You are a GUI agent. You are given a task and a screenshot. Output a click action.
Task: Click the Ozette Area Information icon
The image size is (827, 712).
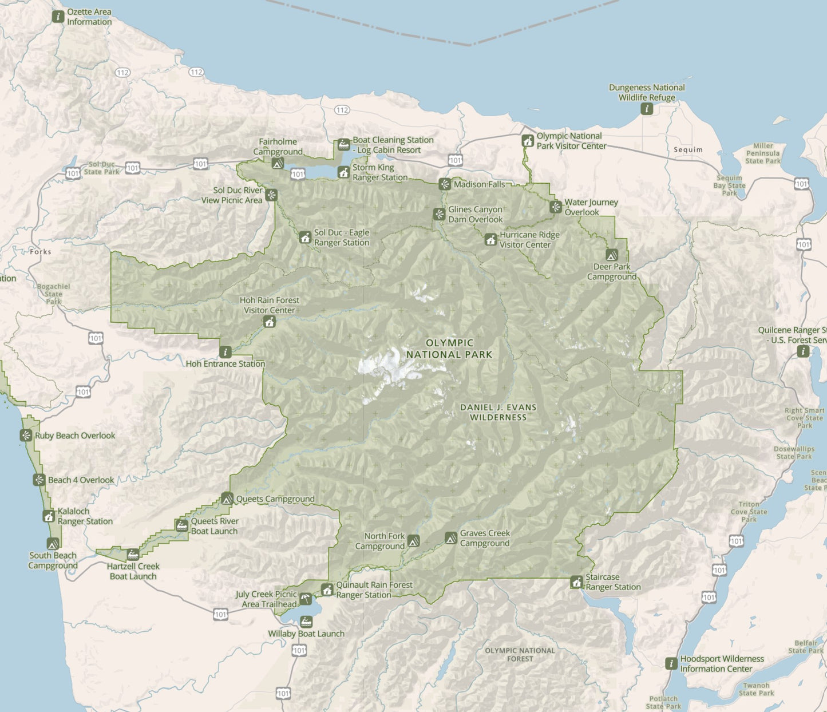(58, 17)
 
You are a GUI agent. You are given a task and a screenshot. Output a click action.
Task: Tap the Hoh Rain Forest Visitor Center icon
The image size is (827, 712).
(270, 322)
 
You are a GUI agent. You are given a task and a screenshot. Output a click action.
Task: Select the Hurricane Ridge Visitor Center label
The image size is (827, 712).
(525, 240)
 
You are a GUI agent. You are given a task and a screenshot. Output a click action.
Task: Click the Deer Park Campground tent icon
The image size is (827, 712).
(612, 255)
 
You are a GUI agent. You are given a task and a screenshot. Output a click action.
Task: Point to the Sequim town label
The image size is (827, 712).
(688, 150)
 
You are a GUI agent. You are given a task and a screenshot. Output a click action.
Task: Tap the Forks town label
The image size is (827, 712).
(41, 252)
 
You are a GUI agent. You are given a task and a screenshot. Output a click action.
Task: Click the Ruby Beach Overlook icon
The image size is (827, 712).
(26, 436)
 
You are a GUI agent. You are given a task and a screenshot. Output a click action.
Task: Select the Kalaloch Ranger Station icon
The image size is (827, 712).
(49, 516)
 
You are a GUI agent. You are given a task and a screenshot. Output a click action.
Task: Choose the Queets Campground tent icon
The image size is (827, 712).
(227, 499)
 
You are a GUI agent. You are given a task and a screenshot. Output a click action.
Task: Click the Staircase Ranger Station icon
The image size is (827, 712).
(576, 582)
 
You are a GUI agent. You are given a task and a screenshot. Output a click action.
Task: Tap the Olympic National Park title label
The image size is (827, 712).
(449, 349)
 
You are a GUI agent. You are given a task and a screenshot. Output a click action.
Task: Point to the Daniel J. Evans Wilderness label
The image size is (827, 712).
(498, 412)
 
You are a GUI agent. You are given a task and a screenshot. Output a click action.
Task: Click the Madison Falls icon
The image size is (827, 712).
(445, 184)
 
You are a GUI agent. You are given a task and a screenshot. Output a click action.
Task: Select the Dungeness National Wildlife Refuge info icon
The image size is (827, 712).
(647, 109)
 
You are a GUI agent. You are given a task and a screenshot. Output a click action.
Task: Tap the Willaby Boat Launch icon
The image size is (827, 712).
(307, 622)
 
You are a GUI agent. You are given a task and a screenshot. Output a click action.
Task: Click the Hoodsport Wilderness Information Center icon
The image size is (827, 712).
(671, 664)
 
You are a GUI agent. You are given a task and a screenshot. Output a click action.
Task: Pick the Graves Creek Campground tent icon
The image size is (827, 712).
(451, 538)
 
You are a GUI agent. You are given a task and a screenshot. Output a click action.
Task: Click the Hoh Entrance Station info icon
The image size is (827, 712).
(225, 352)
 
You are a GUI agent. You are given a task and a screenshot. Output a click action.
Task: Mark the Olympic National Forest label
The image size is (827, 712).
(520, 655)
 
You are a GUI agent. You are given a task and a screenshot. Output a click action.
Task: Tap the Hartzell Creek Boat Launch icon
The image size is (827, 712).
(133, 554)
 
